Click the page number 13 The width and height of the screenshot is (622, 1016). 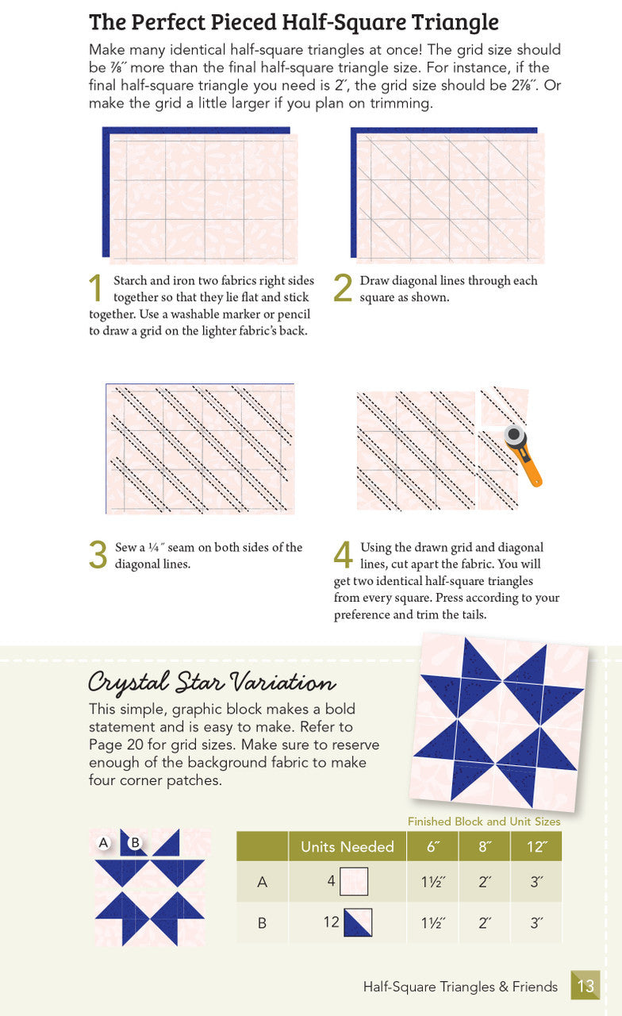click(x=586, y=987)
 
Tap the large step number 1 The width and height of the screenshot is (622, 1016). click(x=96, y=289)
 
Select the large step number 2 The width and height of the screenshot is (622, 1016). click(x=342, y=289)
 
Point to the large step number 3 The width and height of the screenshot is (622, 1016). click(x=98, y=556)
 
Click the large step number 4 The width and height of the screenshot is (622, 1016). click(x=343, y=556)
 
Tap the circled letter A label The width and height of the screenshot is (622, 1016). click(x=103, y=842)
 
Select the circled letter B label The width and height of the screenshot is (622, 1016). click(x=135, y=842)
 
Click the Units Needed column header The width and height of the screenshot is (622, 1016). click(x=347, y=846)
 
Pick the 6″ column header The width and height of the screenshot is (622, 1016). click(x=432, y=846)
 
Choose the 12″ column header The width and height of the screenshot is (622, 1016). click(x=536, y=846)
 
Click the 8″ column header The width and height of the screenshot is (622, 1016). click(x=484, y=846)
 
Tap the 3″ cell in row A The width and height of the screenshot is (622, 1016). click(x=536, y=882)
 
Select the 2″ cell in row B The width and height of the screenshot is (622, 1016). click(x=484, y=922)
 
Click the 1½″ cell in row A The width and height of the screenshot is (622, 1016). click(x=432, y=882)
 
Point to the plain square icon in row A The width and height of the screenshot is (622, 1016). click(x=354, y=882)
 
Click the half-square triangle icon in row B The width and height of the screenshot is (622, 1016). click(x=357, y=922)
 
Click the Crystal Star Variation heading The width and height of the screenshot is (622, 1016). click(x=211, y=682)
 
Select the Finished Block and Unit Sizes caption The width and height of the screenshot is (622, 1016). click(x=484, y=822)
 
